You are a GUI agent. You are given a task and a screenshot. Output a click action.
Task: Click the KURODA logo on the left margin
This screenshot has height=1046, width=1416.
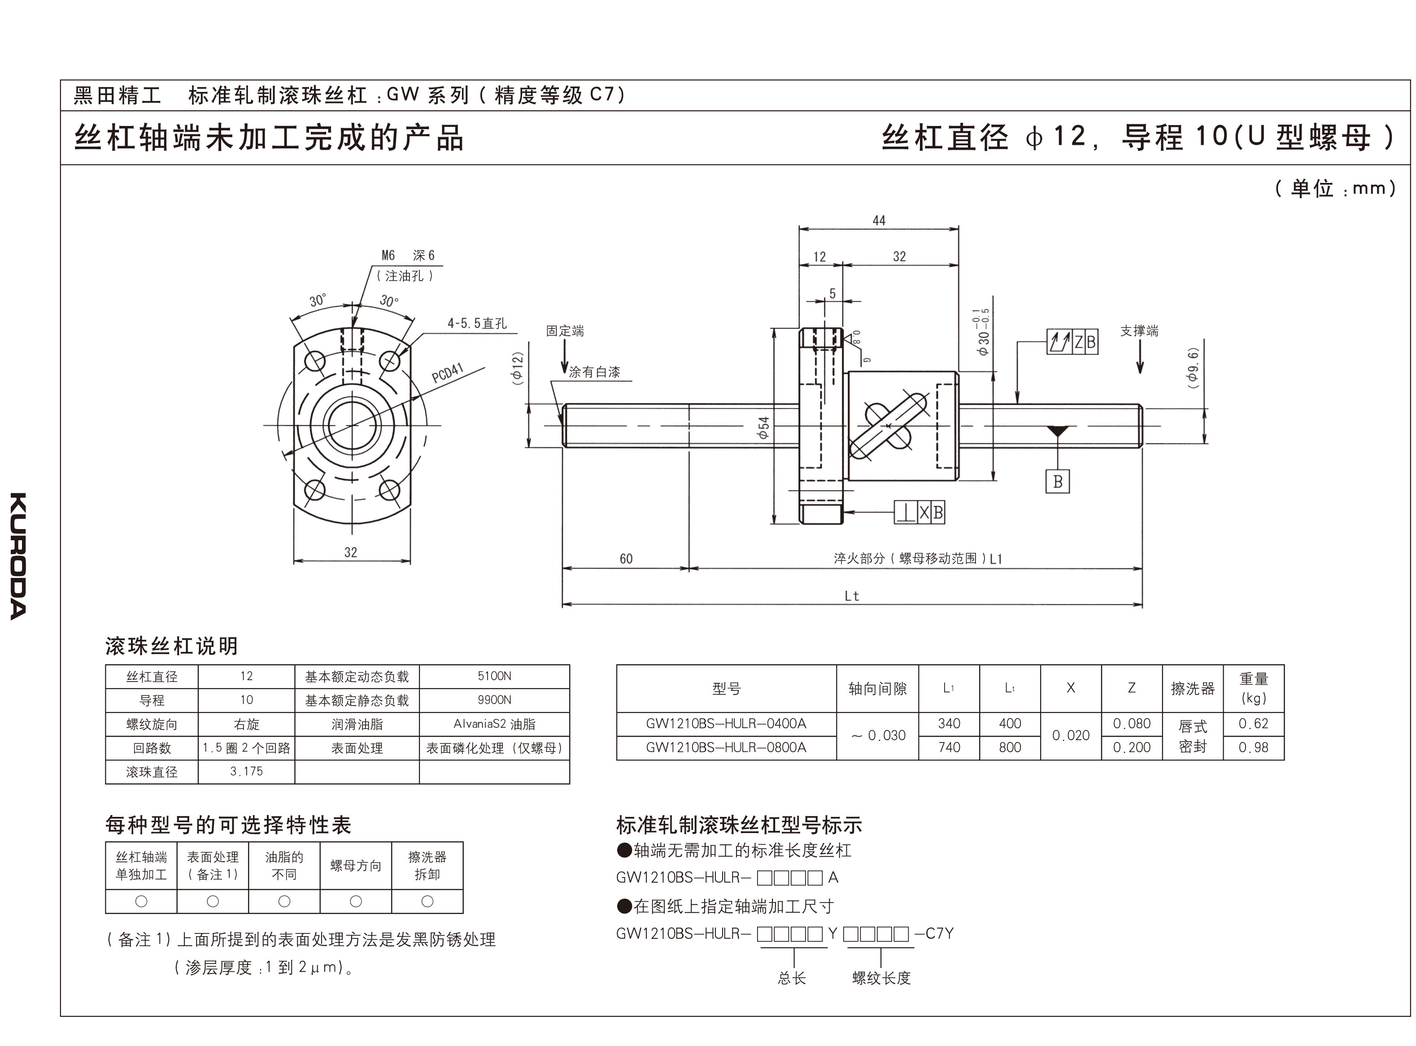[18, 556]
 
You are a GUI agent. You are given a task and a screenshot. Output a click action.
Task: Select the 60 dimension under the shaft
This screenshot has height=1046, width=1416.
[626, 559]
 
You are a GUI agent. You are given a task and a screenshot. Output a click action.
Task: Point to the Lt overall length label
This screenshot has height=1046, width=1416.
[852, 596]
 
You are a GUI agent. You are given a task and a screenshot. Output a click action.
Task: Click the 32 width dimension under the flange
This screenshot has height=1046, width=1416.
[351, 552]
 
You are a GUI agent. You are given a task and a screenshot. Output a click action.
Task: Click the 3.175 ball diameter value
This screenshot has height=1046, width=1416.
[246, 771]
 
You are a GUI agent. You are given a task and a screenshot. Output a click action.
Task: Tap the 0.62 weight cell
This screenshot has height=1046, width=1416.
[1253, 724]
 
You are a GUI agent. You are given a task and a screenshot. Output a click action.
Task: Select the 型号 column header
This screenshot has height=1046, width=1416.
[726, 688]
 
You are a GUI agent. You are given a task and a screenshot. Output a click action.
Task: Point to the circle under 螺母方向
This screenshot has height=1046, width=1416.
[356, 901]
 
